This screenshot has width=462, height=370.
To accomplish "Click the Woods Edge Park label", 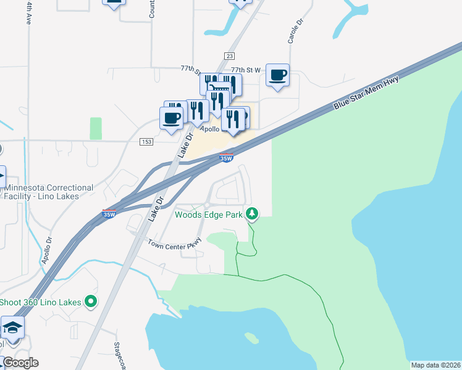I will [209, 215].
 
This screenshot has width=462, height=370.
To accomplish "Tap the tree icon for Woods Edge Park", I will [251, 213].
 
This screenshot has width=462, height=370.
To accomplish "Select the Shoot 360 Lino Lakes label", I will [40, 302].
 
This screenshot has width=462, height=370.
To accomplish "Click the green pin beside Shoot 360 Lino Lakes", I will [91, 302].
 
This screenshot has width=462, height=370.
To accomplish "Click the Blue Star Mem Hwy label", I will [366, 94].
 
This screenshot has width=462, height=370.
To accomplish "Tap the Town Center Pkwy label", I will [175, 244].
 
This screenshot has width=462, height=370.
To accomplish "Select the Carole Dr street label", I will [295, 31].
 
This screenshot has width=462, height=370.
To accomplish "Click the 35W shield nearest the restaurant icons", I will [227, 158].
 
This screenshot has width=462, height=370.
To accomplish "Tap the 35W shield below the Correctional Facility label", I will [109, 213].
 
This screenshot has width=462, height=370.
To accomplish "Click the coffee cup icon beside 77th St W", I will [277, 75].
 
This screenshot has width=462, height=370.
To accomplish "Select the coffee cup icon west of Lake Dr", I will [172, 117].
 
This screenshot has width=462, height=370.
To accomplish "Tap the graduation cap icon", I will [12, 327].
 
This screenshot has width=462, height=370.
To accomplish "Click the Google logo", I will [20, 363].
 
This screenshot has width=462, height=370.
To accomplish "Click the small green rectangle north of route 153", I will [96, 128].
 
